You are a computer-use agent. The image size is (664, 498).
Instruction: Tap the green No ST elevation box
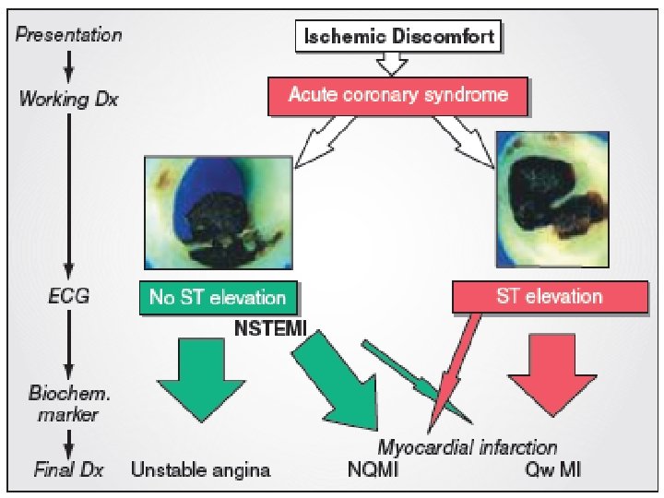[219, 297]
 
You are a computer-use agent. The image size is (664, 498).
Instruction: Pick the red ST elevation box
[549, 297]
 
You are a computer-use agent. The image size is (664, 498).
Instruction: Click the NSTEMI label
[271, 326]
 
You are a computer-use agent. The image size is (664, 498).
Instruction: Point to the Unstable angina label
[201, 470]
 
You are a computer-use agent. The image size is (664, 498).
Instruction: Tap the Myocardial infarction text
[467, 447]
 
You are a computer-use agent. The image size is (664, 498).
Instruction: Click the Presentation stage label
[69, 35]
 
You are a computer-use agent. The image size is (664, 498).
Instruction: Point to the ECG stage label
[68, 297]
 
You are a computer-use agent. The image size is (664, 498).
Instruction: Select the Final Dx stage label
[69, 470]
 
